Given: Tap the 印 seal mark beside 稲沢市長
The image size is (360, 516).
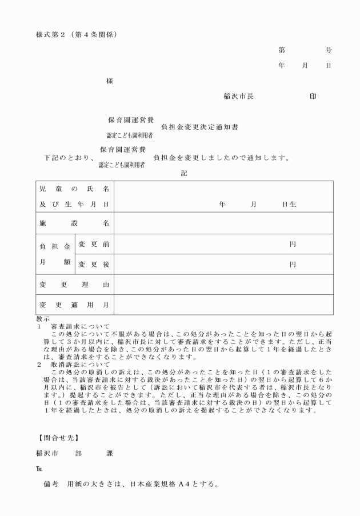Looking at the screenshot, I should point(313,97).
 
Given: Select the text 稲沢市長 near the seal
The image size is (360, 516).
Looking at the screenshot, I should point(239,97).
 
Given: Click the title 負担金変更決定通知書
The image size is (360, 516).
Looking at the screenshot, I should point(199,127).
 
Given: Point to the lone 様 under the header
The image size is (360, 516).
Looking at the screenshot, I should point(110,81).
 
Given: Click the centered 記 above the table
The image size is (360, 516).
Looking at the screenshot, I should point(184,173).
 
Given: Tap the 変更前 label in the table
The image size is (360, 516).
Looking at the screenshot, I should point(94,245).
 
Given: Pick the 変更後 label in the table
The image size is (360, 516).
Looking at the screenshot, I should point(94,264).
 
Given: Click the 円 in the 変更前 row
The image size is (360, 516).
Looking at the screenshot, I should point(293,245).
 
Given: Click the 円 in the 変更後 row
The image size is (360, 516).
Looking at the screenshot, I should point(293,264).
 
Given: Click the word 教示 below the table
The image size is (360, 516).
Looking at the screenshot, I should point(42,319).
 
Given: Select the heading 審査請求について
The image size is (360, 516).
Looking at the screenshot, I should point(80,326).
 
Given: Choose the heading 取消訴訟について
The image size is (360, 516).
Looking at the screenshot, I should point(80,363).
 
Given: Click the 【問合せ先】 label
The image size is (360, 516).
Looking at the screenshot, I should point(55,439).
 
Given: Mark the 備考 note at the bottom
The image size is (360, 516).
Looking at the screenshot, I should point(51,485).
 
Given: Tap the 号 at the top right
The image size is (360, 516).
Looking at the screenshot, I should point(329,50).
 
